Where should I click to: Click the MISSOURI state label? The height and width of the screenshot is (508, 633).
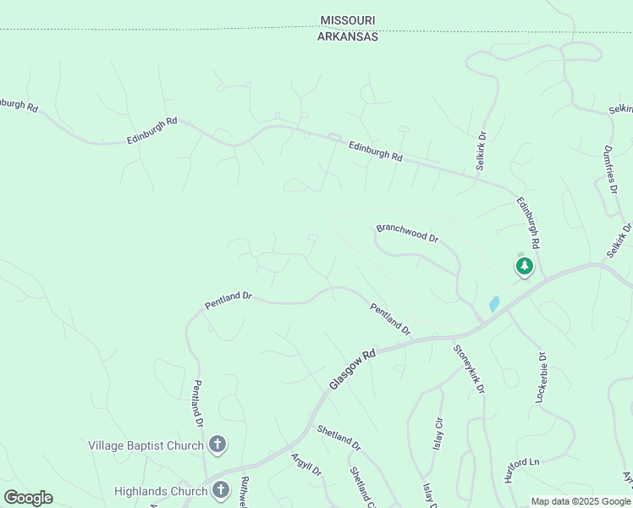[x=348, y=20]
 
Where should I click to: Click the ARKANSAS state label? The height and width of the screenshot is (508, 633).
[x=348, y=36]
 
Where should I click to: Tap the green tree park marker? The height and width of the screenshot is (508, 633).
[x=525, y=267]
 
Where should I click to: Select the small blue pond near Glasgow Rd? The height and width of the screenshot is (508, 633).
[x=493, y=304]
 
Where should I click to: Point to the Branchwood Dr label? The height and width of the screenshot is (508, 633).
[x=407, y=234]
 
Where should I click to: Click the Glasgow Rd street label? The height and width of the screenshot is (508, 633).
[x=351, y=370]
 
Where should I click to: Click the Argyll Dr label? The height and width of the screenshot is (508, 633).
[x=306, y=465]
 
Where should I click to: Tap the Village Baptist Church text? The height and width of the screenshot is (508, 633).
[x=146, y=445]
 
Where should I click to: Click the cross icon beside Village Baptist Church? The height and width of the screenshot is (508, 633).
[x=217, y=444]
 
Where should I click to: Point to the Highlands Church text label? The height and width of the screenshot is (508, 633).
[x=161, y=491]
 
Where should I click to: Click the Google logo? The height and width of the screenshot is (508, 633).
[x=28, y=498]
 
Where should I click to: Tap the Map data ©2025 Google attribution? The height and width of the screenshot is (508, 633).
[x=580, y=501]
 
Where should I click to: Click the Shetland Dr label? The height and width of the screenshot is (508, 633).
[x=339, y=437]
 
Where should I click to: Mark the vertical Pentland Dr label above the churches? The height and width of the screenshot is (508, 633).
[x=198, y=403]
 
